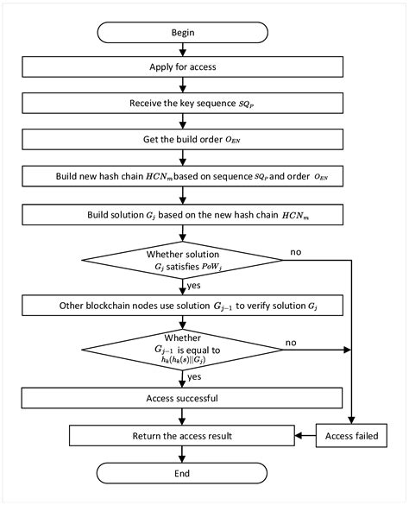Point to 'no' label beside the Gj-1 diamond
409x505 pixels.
point(293,341)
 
